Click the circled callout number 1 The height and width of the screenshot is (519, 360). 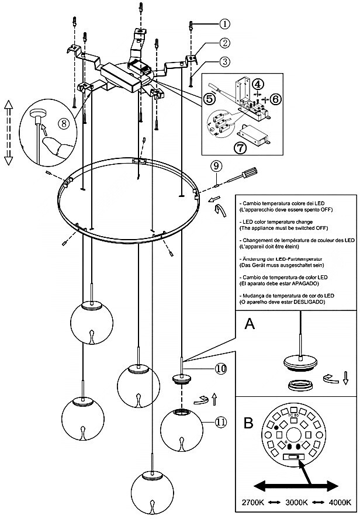[x=225, y=24]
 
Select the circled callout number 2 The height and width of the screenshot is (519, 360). [x=224, y=43]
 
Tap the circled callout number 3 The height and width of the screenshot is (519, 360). [x=224, y=61]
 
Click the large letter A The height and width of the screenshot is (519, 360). [x=250, y=323]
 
